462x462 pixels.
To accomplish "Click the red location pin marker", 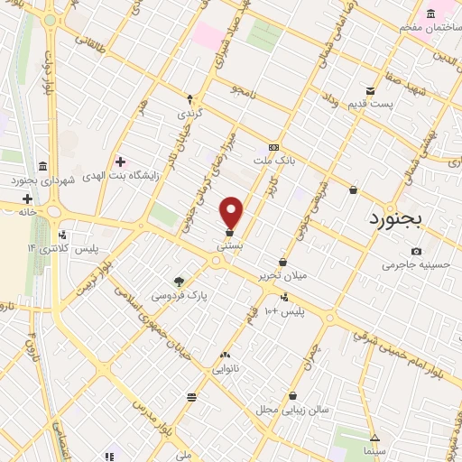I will tap(232, 212).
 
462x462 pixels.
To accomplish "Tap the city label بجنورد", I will tap(408, 219).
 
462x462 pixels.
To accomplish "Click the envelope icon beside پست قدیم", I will tap(370, 90).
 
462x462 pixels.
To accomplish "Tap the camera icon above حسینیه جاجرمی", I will tap(415, 251).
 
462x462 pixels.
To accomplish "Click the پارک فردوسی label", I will tap(178, 295).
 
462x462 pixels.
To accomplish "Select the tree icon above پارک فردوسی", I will tap(178, 281).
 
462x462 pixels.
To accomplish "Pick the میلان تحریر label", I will tap(282, 275).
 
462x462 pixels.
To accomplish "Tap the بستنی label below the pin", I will tap(229, 245).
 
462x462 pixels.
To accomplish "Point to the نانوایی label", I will tap(225, 368).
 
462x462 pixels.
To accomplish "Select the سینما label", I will tap(374, 449).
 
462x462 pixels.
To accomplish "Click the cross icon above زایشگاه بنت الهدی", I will tap(120, 162).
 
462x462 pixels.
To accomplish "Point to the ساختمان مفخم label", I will tap(430, 27).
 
